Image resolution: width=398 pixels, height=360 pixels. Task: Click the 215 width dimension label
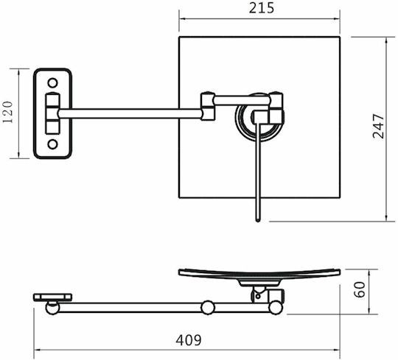pos(262,8)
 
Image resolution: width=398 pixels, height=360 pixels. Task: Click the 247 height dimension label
pos(378,126)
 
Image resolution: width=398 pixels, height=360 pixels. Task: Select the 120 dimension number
pos(7,112)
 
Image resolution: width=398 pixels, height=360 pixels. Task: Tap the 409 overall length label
pos(189,340)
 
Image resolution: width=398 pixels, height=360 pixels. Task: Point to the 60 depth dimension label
pos(360,289)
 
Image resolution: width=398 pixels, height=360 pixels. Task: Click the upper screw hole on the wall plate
pos(52,83)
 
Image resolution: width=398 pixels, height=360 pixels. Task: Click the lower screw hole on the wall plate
pos(52,144)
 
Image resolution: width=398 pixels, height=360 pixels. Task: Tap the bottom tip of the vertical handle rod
pos(258,222)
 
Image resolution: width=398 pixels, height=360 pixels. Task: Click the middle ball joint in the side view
pos(208,308)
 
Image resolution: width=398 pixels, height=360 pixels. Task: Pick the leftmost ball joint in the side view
pos(52,308)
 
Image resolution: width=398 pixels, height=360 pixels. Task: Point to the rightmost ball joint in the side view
pos(276,308)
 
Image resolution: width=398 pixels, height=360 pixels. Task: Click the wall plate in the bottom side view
pos(53,297)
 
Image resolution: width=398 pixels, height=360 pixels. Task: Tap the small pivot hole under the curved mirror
pos(258,296)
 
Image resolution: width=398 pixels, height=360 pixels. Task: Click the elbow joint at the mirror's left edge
pos(208,106)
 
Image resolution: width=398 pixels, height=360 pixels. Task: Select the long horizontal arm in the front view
pos(130,113)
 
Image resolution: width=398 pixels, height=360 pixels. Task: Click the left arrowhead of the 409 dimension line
pos(37,350)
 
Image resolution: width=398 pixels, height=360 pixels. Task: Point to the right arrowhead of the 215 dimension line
pos(337,18)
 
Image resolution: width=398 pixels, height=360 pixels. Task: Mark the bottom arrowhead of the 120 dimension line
pos(18,155)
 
